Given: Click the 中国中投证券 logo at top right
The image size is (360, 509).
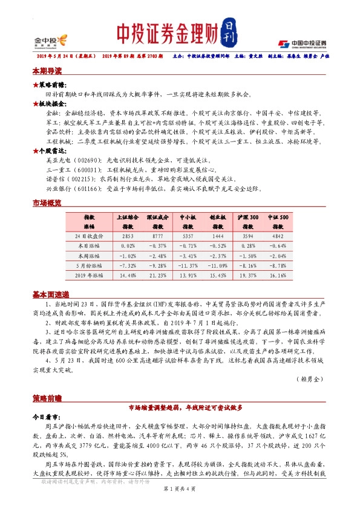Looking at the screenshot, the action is [302, 43].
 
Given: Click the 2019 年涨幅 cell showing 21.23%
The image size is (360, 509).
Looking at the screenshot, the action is [158, 274].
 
